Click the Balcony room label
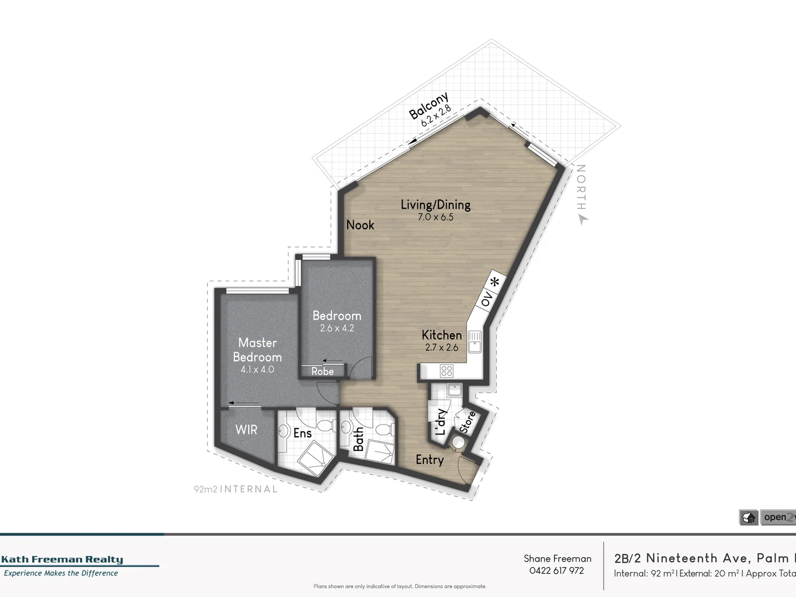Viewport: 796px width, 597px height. (428, 106)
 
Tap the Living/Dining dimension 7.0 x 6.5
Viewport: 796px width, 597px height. (436, 217)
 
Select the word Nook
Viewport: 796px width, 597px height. (360, 225)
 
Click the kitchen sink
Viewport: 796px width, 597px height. (474, 341)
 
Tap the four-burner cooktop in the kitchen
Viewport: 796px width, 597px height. (446, 371)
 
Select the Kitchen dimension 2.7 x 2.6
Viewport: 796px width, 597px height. (442, 348)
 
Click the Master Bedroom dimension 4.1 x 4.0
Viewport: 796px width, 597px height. (257, 369)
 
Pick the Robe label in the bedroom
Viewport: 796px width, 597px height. (322, 371)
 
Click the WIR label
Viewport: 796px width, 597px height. (246, 430)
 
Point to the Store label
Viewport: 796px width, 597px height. (468, 421)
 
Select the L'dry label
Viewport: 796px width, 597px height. (441, 422)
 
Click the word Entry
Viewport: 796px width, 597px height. (430, 460)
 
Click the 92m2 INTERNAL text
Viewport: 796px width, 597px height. (235, 489)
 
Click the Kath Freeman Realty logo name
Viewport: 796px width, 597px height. (62, 559)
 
